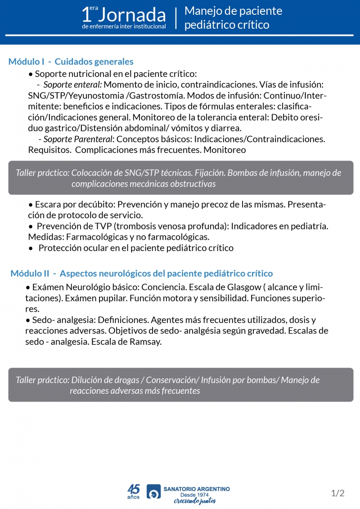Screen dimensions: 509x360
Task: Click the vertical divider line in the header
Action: [x=176, y=18]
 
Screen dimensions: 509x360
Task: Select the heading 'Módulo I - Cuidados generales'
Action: [x=71, y=62]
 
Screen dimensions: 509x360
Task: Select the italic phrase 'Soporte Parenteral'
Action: [x=77, y=139]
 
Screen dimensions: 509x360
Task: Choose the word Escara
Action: [x=48, y=204]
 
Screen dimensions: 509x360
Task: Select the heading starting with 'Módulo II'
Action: [x=141, y=273]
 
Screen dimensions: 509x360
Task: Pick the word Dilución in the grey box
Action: [x=85, y=380]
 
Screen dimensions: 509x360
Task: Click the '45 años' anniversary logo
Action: [x=134, y=491]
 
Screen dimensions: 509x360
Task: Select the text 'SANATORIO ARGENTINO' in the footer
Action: [x=197, y=489]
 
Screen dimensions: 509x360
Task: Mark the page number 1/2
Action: [x=337, y=493]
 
